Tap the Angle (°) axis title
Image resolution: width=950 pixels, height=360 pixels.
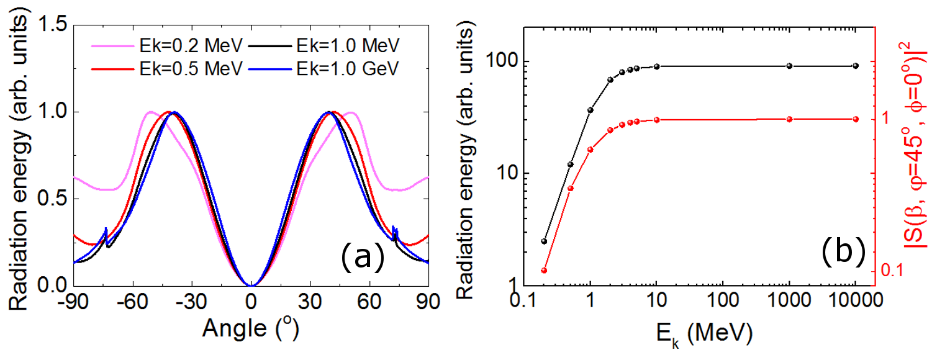coord(251,329)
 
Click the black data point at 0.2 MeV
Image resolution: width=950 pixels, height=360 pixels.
coord(545,241)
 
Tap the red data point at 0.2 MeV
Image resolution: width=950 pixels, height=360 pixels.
coord(545,271)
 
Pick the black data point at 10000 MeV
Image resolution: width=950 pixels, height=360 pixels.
coord(856,66)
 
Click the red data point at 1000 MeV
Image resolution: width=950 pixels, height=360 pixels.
coord(789,119)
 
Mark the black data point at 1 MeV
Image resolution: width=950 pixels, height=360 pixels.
coord(590,110)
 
